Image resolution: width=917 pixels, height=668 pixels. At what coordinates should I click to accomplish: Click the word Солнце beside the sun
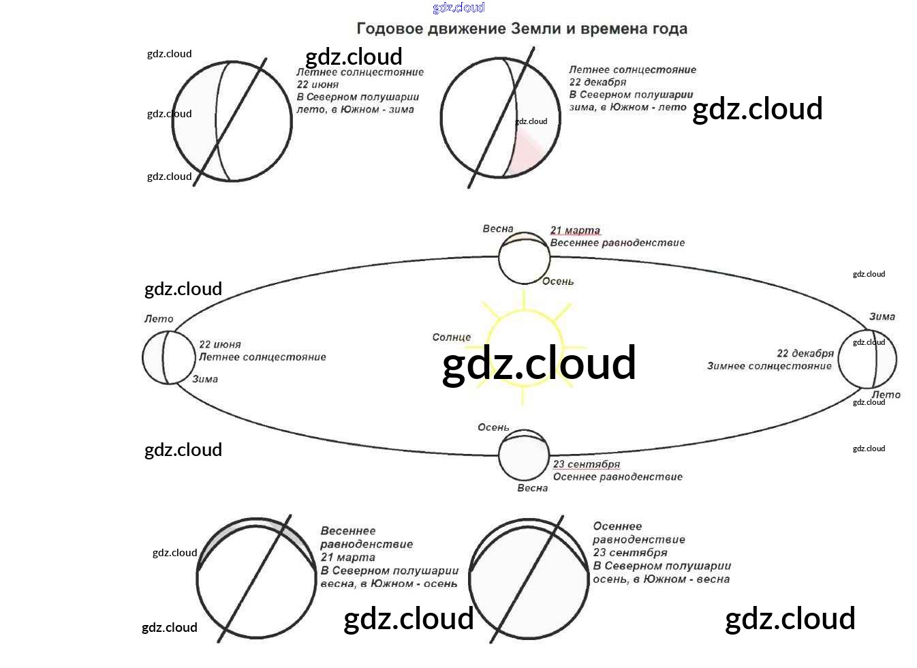point(451,337)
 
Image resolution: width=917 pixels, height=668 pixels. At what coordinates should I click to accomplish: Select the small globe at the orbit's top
point(524,258)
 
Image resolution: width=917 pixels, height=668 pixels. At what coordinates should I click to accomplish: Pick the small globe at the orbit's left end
point(168,357)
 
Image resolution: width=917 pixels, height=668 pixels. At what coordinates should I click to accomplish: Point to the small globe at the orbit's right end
point(867,359)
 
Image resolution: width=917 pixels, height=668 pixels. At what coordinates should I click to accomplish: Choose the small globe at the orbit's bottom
point(523,455)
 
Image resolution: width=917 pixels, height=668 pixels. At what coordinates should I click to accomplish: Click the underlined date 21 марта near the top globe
point(575,230)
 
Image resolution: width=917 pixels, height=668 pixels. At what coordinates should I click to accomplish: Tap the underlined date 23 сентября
point(586,464)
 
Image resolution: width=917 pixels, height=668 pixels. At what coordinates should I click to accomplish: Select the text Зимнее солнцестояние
point(769,366)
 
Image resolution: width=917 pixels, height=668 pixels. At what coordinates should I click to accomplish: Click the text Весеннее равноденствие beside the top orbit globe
point(617,243)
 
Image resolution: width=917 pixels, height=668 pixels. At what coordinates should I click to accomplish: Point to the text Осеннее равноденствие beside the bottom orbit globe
point(617,476)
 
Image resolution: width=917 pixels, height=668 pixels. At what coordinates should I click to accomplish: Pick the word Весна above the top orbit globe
point(498,229)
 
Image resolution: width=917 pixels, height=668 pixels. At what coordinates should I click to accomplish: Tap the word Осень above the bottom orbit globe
point(493,427)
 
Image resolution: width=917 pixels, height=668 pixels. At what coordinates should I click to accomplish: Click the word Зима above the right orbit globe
point(882,316)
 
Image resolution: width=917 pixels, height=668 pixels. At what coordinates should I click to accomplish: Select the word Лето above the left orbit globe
point(159,319)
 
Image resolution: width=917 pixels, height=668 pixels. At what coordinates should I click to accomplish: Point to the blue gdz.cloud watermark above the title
point(458,7)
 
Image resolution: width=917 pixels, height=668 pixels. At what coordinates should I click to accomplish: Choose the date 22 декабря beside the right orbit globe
point(805,353)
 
